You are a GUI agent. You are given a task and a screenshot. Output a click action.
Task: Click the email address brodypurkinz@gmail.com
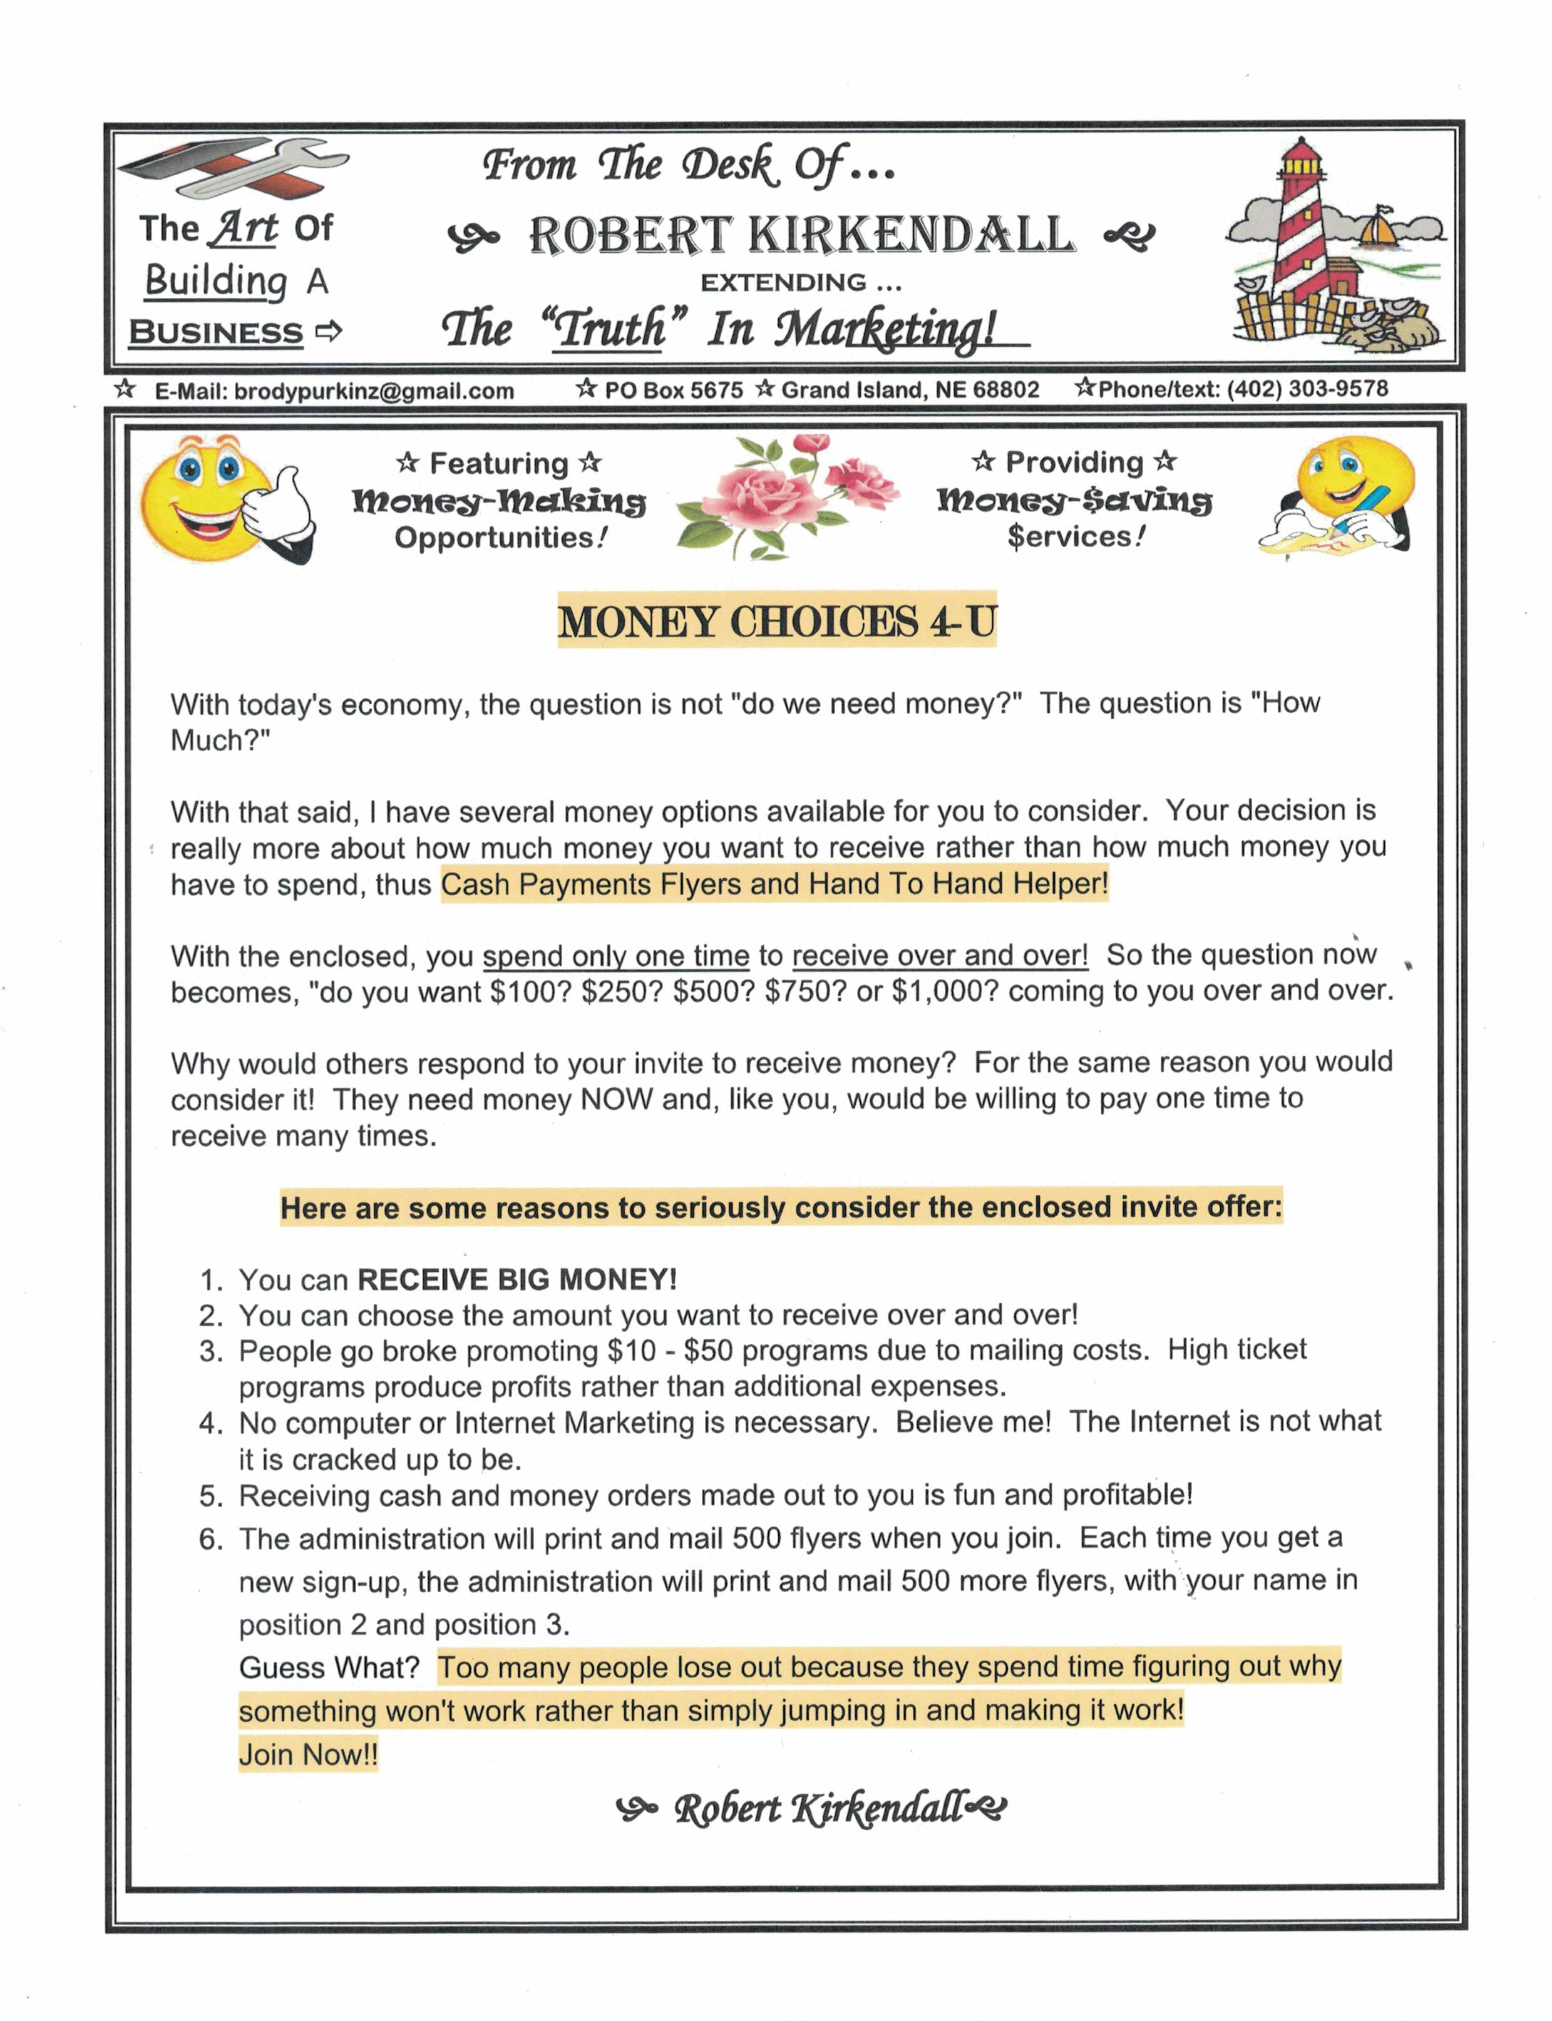coord(374,391)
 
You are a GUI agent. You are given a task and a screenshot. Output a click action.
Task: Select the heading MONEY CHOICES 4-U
coord(777,621)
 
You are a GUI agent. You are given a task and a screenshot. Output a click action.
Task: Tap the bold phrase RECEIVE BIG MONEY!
coord(517,1279)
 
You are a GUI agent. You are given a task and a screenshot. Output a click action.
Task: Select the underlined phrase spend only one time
coord(615,955)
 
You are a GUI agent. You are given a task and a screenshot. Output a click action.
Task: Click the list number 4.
coord(210,1423)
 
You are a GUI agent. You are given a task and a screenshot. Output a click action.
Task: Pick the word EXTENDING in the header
coord(783,283)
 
